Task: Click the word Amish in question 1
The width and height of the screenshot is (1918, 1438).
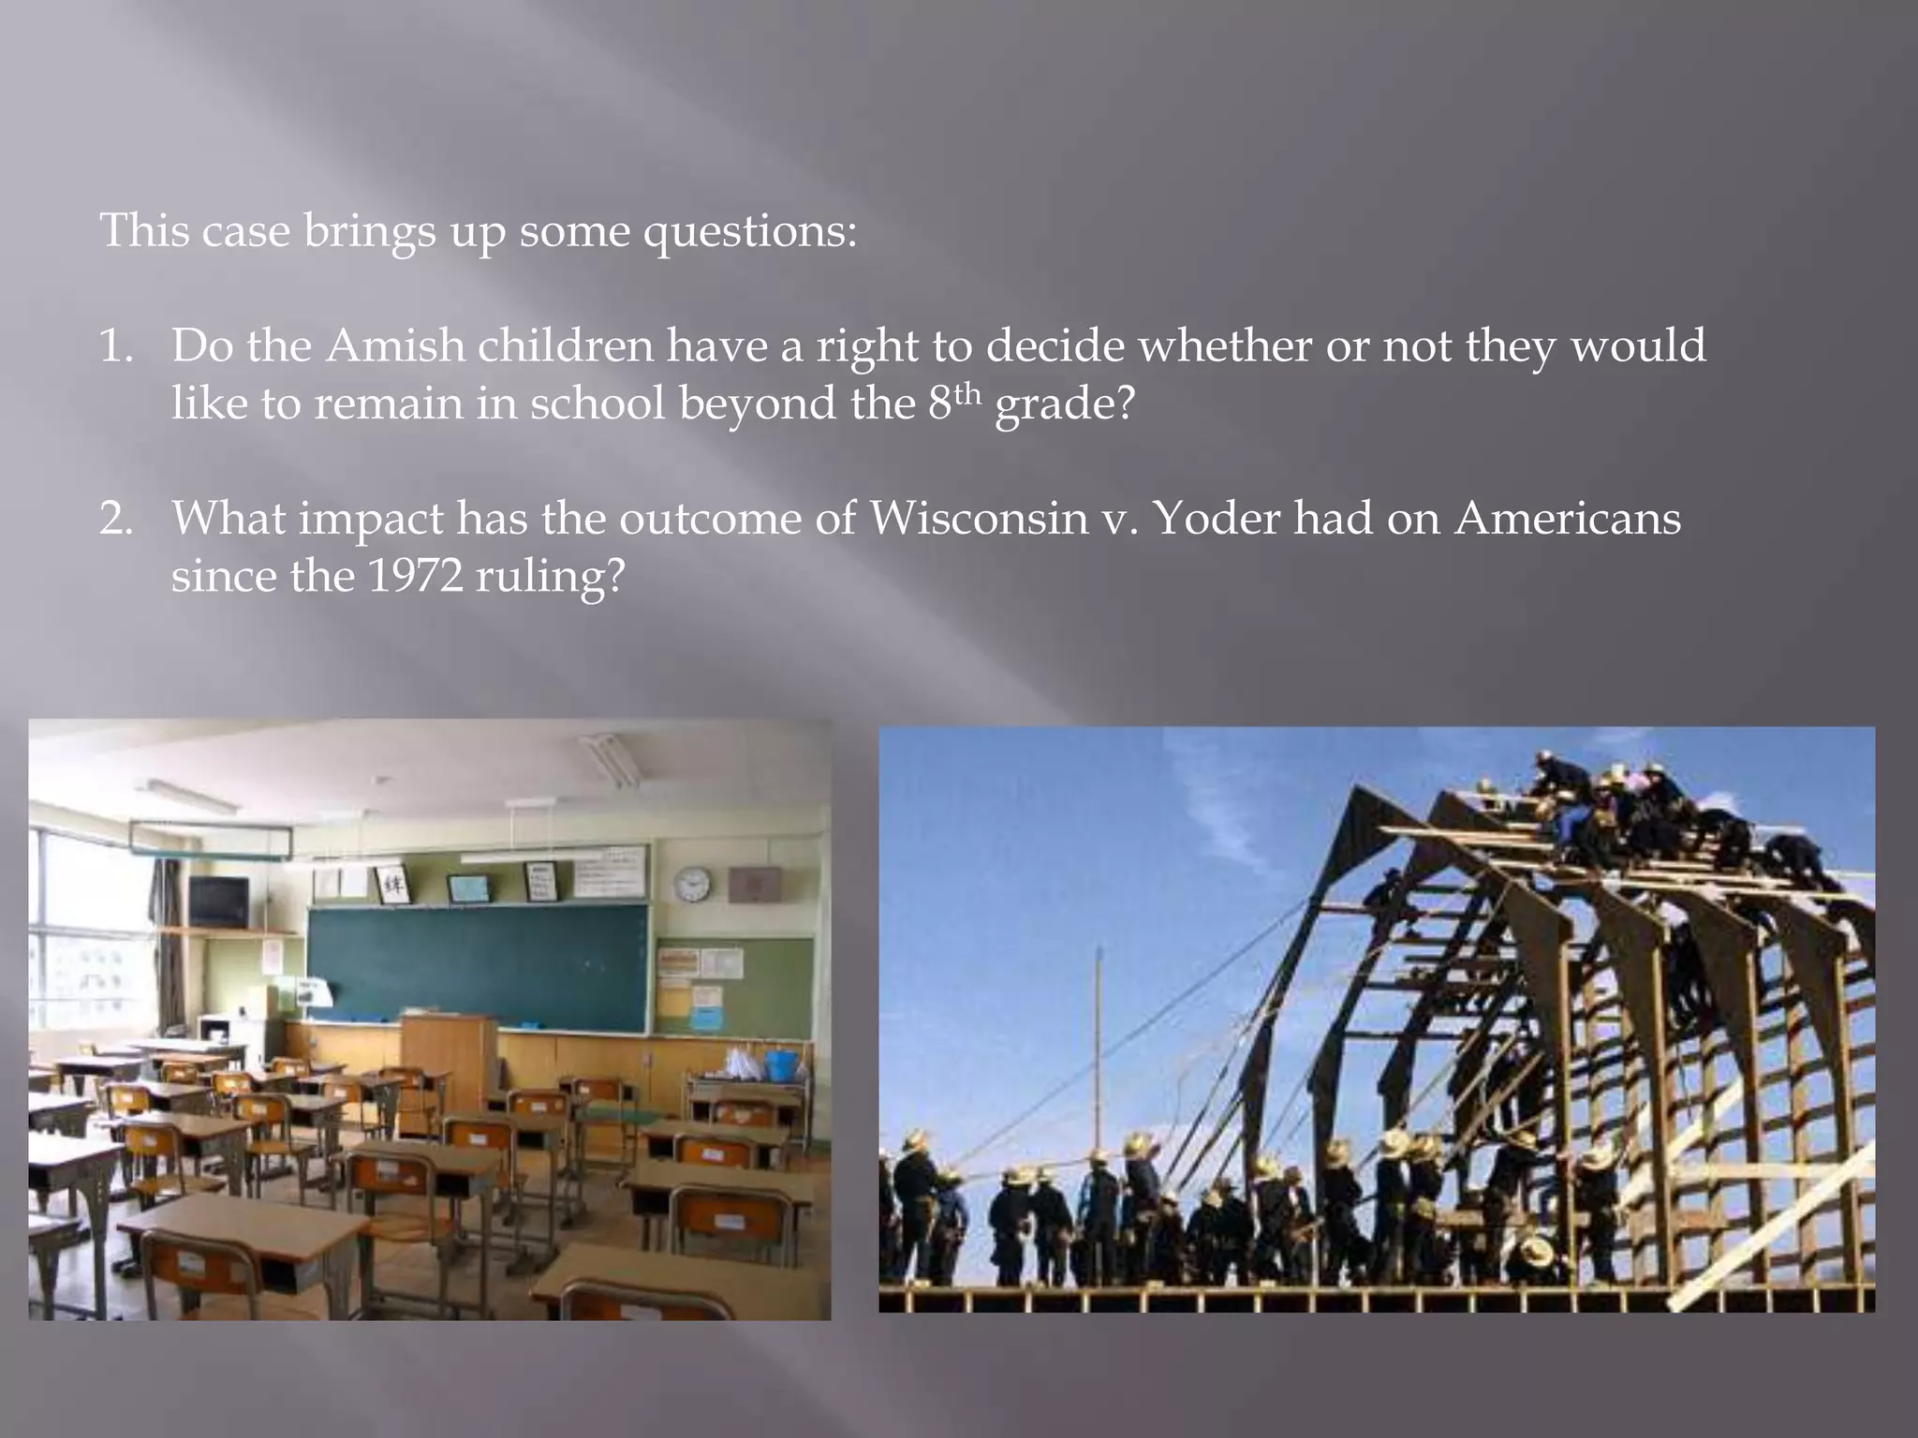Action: coord(394,345)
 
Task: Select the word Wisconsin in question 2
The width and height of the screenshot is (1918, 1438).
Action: coord(979,518)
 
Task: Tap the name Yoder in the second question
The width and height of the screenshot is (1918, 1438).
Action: coord(1217,518)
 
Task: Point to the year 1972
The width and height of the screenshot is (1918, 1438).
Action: coord(415,575)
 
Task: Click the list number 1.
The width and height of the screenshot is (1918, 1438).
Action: coord(116,346)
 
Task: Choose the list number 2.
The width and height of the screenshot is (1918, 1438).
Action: coord(116,519)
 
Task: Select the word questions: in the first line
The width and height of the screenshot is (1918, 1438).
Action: coord(749,230)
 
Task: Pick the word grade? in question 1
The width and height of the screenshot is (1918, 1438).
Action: coord(1065,404)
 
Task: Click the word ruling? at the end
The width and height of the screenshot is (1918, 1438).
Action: coord(549,577)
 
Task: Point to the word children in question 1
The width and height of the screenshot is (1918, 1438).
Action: coord(566,345)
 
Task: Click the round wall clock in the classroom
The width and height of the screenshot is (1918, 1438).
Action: coord(692,883)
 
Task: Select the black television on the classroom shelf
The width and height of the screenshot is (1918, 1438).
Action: coord(218,902)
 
